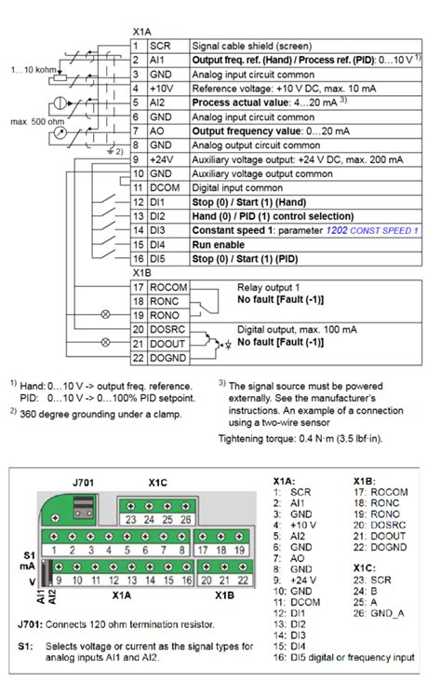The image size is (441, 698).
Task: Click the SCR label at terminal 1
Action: [160, 46]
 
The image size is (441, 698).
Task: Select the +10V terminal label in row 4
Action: [161, 89]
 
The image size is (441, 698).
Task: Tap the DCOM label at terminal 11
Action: [165, 188]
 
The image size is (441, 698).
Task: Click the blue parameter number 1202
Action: [337, 230]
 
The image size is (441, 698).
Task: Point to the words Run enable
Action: [219, 245]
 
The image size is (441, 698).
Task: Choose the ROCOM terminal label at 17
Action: [168, 287]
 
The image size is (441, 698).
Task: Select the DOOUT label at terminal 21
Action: [167, 344]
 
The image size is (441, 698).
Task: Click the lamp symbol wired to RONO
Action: [105, 315]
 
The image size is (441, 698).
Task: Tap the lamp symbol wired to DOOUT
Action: [105, 343]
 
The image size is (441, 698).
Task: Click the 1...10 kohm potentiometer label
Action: [33, 70]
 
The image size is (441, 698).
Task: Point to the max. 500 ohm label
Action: [37, 121]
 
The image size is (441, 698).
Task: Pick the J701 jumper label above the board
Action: [83, 483]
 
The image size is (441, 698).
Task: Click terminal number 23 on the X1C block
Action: [130, 519]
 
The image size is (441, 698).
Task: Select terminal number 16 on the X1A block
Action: [187, 580]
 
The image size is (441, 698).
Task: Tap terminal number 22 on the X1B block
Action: [243, 580]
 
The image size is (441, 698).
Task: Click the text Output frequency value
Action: [247, 131]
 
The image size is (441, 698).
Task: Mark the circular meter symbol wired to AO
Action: [60, 132]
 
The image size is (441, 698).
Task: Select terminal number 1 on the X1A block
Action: [54, 550]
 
